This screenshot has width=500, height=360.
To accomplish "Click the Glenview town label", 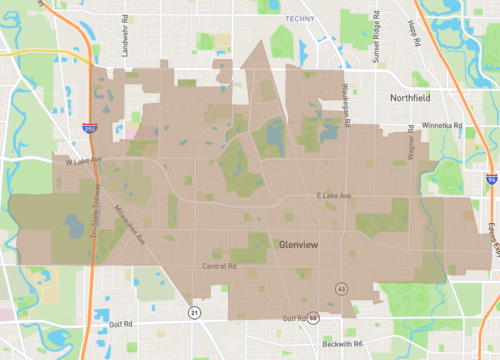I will point(300,243).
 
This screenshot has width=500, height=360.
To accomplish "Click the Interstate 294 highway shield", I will point(90,128).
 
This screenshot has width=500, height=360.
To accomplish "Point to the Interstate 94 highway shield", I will point(491,178).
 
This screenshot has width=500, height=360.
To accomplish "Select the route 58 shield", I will point(312,319).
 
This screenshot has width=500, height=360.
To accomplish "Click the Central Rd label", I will point(219,267).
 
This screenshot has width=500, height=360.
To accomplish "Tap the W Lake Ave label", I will point(85,160).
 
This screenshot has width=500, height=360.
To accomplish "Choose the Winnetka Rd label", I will point(442,126).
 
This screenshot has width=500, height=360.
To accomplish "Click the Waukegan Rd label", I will point(349,104).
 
